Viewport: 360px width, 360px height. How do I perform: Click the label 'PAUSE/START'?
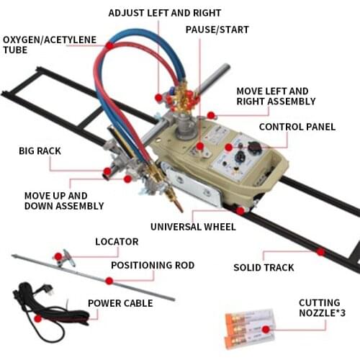coord(217,30)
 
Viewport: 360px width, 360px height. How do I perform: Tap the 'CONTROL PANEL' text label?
coord(297,127)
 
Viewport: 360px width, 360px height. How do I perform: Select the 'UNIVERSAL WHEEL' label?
coord(193,227)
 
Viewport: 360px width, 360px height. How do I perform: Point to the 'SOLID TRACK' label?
coord(264,268)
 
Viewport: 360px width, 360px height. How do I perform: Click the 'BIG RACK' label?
coord(40,151)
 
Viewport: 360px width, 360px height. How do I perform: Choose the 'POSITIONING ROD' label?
coord(153,265)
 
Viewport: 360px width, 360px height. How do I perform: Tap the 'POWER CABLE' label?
coord(120,303)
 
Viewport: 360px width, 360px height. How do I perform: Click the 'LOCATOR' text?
coord(117,242)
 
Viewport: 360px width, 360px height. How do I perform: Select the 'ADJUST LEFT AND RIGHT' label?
coord(165,13)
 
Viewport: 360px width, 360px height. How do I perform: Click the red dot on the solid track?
coord(320,252)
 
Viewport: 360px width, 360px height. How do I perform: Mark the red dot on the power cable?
coord(37,318)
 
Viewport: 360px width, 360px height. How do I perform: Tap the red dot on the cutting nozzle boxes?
coord(266,329)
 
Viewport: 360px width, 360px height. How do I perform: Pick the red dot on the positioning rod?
coord(109,281)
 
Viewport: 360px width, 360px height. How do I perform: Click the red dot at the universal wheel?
coord(240,210)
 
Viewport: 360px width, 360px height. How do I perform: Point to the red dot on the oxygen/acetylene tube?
coord(109,45)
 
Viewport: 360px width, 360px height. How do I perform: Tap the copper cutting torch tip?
coord(178,206)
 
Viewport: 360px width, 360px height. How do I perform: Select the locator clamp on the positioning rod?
coord(66,258)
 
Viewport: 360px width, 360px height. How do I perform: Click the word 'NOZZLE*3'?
coord(323,313)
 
